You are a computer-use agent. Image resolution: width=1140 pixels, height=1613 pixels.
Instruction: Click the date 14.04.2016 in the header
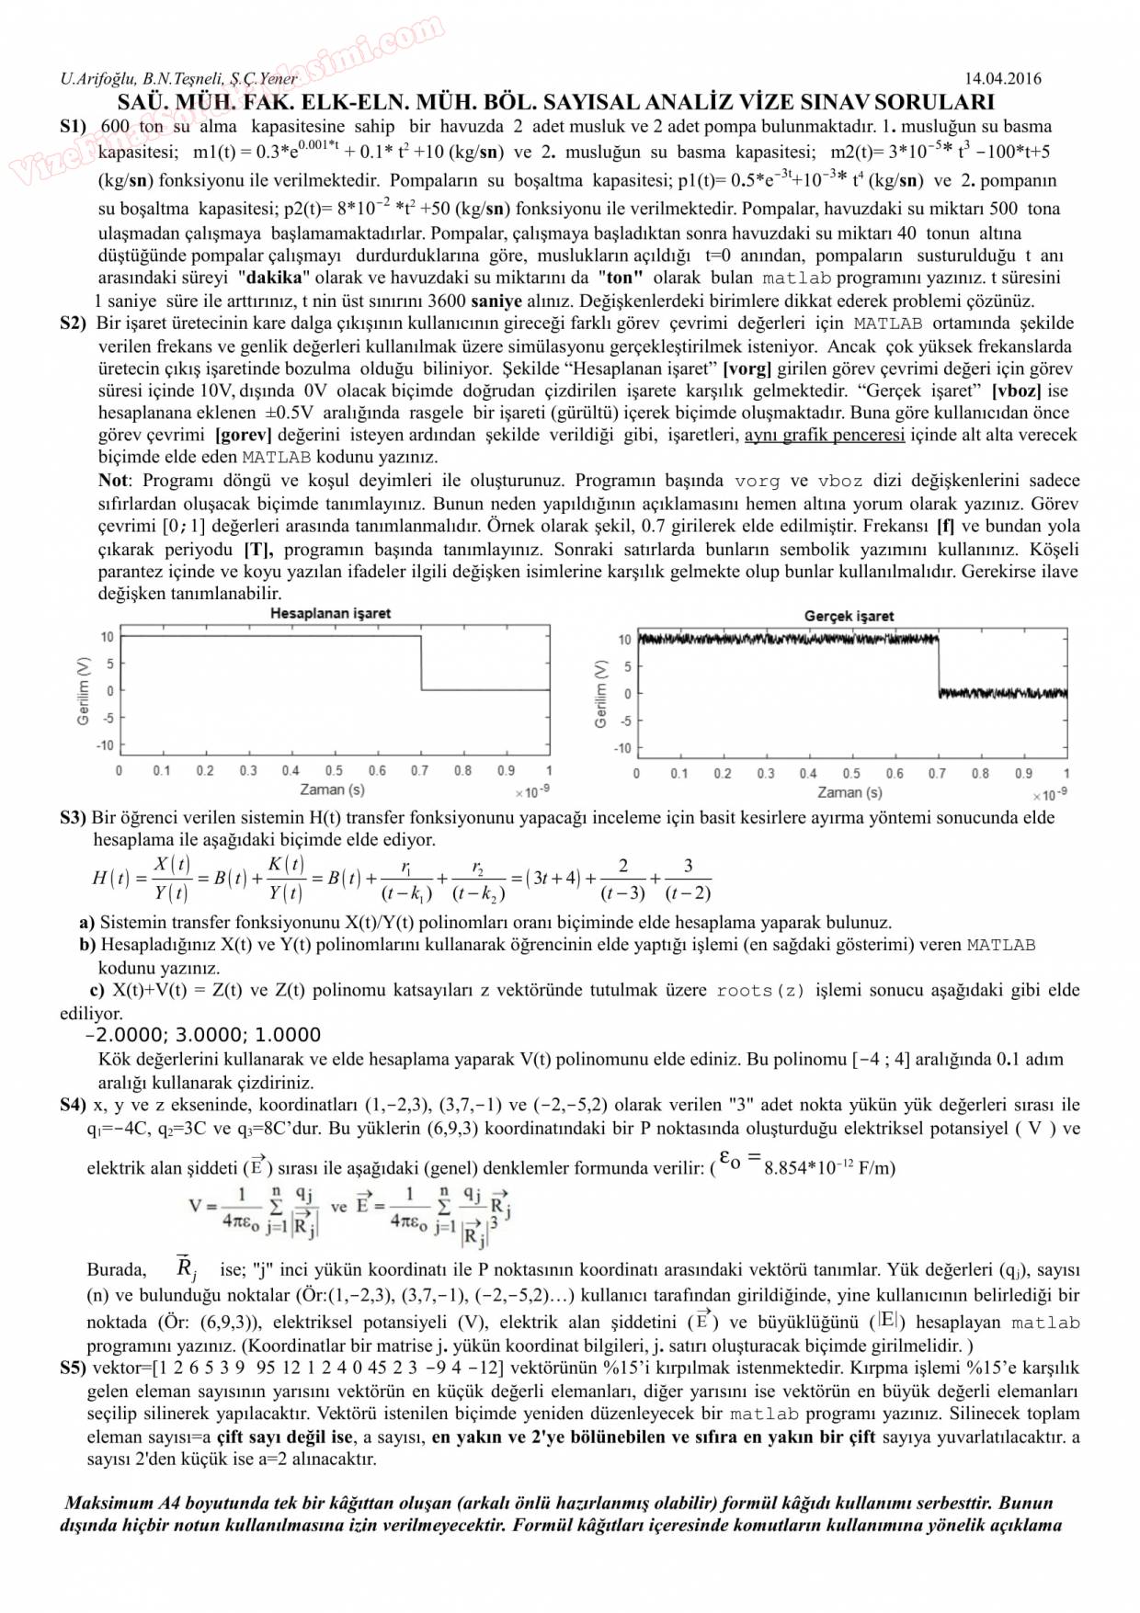coord(1002,79)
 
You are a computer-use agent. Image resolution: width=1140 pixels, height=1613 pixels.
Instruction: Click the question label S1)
coord(74,127)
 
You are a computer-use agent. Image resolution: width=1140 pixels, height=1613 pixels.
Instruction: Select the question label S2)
coord(74,324)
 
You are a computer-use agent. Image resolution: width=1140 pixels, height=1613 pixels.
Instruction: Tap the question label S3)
coord(74,817)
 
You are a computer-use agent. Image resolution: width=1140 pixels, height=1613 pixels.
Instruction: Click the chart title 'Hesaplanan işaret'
coord(330,613)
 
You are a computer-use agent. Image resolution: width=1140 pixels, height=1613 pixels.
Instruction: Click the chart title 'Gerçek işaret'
coord(849,616)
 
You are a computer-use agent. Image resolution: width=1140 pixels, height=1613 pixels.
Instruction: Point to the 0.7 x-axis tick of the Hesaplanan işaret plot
coord(420,770)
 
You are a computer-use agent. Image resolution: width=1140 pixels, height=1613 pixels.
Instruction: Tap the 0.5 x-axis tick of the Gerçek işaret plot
coord(851,774)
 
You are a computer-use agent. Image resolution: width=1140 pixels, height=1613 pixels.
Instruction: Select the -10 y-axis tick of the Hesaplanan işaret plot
coord(106,745)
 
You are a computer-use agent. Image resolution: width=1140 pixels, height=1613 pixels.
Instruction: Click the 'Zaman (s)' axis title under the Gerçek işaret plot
coord(849,792)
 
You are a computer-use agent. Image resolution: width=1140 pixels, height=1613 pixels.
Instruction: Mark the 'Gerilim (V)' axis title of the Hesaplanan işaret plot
coord(83,691)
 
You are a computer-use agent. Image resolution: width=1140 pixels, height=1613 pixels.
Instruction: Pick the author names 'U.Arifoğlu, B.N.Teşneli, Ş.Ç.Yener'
coord(178,79)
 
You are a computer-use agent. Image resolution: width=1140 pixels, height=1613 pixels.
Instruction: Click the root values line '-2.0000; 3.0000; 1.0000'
coord(202,1035)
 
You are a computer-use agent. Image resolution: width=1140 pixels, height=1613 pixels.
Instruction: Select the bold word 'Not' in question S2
coord(113,481)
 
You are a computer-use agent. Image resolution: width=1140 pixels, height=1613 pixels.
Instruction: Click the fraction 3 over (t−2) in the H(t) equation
coord(688,879)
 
